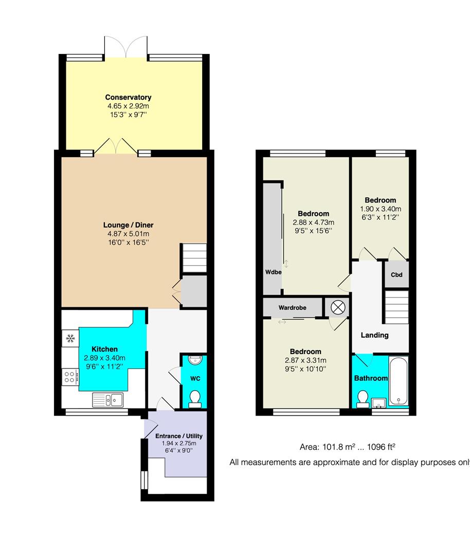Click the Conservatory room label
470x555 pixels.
point(128,97)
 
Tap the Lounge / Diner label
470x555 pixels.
point(128,225)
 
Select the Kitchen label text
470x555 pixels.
point(104,349)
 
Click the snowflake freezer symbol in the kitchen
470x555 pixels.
point(70,338)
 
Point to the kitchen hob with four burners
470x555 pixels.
point(70,377)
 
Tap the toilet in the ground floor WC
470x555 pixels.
point(195,399)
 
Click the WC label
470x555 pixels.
point(195,378)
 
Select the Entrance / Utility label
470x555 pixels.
point(179,436)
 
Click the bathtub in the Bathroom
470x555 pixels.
point(399,382)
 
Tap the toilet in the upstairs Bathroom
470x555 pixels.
point(363,398)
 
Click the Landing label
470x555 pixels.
point(374,335)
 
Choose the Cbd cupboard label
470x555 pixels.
point(396,274)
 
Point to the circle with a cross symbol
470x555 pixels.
point(337,307)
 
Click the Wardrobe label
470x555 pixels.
point(292,308)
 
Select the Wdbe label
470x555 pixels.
point(273,272)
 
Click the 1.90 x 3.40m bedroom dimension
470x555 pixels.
point(381,209)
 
